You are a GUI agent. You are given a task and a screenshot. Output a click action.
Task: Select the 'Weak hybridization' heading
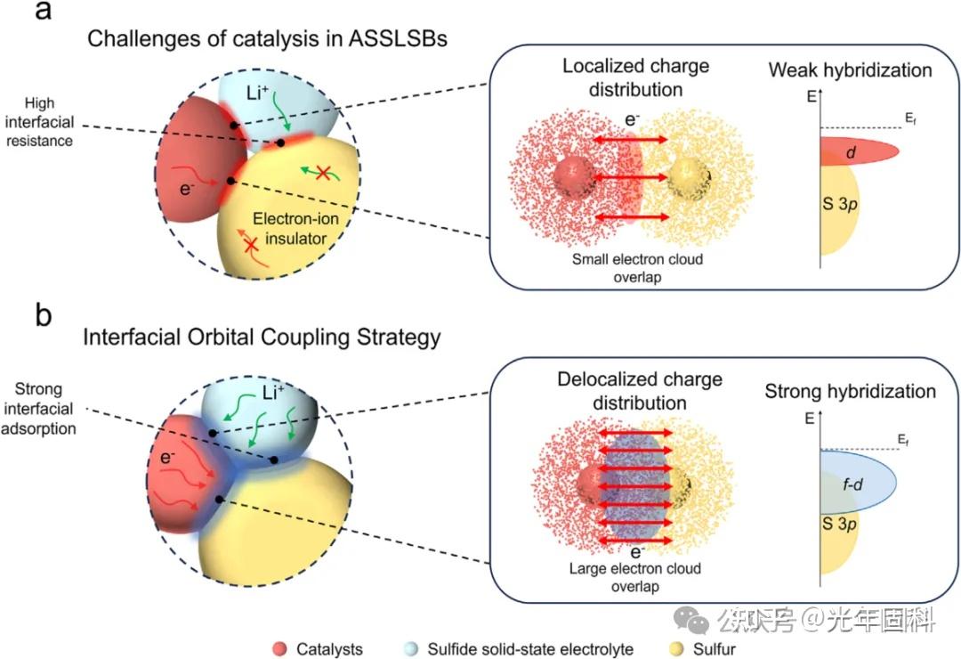(x=850, y=70)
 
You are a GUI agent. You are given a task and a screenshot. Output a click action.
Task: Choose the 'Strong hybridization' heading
(x=850, y=392)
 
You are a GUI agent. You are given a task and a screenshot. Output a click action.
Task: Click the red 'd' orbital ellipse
(x=855, y=153)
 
